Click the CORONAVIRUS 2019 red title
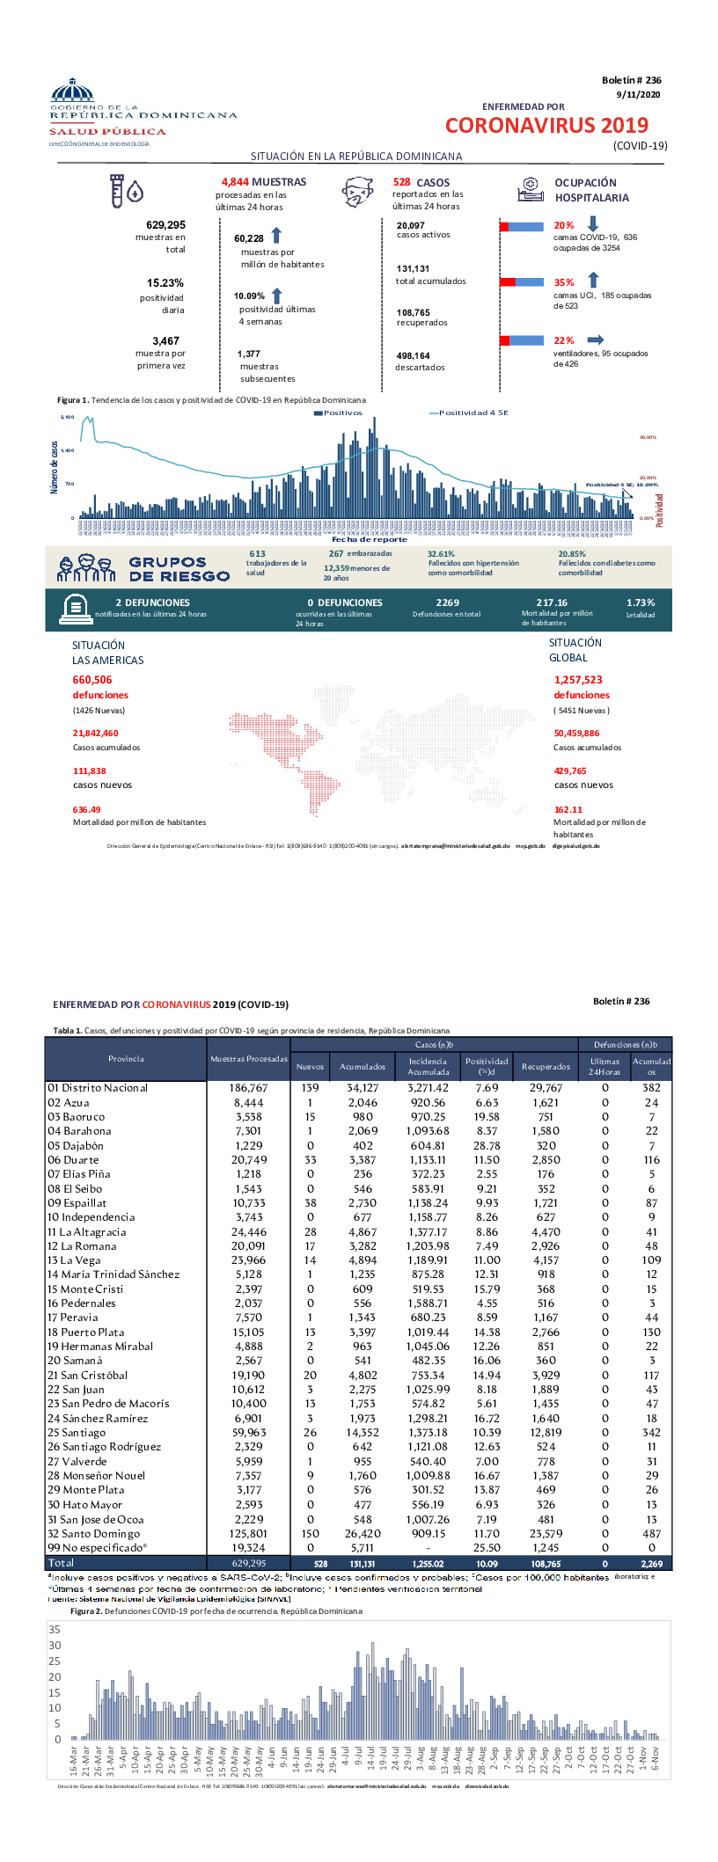[546, 126]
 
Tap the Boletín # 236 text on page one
[632, 80]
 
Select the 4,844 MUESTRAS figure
[263, 182]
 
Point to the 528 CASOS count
[421, 182]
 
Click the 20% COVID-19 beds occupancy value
[563, 226]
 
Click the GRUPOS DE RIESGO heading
[179, 569]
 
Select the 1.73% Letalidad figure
[641, 602]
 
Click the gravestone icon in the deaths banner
[76, 608]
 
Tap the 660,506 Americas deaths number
[92, 680]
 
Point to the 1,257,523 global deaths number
[578, 680]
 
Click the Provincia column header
[126, 1059]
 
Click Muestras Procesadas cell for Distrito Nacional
[248, 1088]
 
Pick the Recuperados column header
[546, 1067]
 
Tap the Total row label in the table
[62, 1563]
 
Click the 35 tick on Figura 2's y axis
[55, 1630]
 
